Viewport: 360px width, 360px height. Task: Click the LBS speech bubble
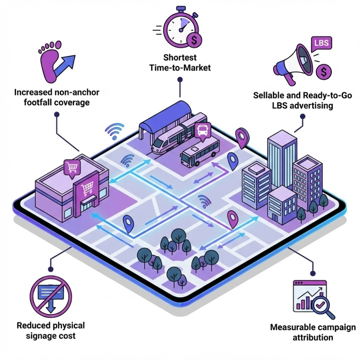click(x=321, y=44)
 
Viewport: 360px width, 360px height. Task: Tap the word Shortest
click(x=180, y=58)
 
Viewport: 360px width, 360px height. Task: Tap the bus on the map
click(x=200, y=153)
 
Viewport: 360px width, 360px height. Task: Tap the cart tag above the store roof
click(x=71, y=168)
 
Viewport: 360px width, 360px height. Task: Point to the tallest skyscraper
click(x=282, y=158)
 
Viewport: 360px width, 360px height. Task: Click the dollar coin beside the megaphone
click(x=324, y=72)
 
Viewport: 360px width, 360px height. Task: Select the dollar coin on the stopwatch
click(x=194, y=40)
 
